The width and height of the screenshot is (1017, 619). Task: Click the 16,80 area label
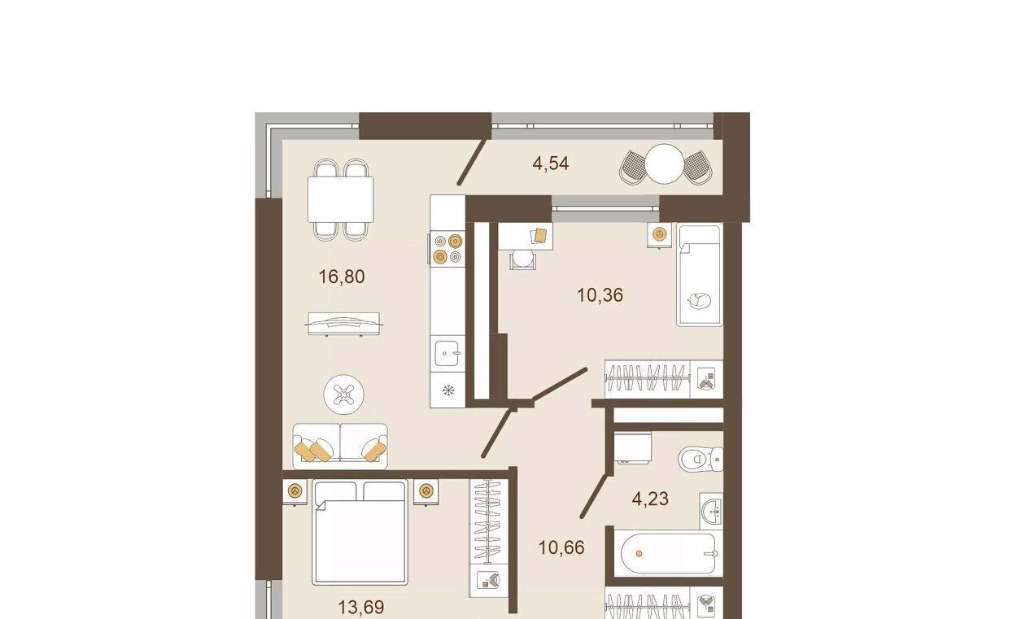[342, 277]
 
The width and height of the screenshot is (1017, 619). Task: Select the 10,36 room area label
[600, 295]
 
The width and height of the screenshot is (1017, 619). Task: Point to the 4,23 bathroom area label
[650, 499]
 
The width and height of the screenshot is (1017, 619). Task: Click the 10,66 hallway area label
[561, 547]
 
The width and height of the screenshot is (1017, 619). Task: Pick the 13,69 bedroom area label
[361, 607]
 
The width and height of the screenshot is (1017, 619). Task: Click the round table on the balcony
[664, 163]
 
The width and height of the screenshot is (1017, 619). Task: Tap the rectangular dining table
[341, 199]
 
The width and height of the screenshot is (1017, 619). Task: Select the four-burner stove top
[447, 249]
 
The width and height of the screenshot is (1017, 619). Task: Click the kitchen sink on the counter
[447, 354]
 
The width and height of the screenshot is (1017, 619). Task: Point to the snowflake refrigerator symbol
[447, 390]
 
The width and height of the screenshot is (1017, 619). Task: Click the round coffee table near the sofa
[343, 395]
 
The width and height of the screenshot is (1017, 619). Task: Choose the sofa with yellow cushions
[340, 446]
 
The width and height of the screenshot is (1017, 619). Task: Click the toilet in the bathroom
[701, 459]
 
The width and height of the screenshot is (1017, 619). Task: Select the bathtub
[668, 554]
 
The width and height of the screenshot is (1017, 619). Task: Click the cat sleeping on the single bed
[699, 300]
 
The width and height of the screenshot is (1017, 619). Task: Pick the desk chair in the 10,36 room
[522, 260]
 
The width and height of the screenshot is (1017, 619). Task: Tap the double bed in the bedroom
[360, 533]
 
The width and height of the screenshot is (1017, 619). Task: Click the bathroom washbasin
[712, 512]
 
